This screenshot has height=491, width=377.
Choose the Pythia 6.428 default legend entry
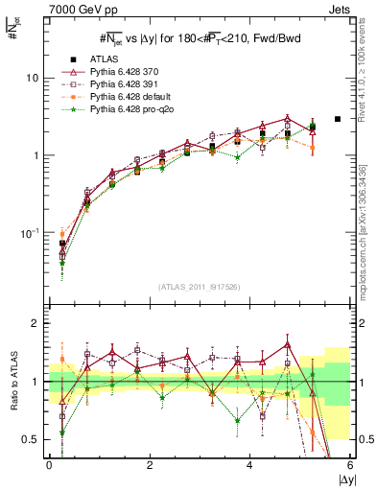coord(130,98)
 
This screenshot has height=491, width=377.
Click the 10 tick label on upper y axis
coord(32,78)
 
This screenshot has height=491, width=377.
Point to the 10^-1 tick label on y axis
coord(30,233)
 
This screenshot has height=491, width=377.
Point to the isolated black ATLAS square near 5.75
coord(338,120)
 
